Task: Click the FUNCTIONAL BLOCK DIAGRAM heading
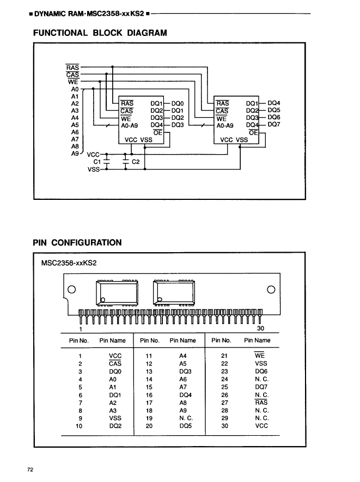coord(100,33)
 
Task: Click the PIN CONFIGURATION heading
coord(77,243)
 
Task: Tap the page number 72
coord(30,468)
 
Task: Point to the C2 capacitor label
coord(136,162)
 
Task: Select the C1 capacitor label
coord(97,162)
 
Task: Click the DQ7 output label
coord(274,125)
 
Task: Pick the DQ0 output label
coord(178,103)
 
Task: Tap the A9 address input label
coord(75,154)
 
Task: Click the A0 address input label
coord(75,89)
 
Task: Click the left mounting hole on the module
coord(71,289)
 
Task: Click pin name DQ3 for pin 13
coord(185,371)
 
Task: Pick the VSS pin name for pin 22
coord(261,363)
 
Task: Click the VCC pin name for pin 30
coord(261,426)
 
